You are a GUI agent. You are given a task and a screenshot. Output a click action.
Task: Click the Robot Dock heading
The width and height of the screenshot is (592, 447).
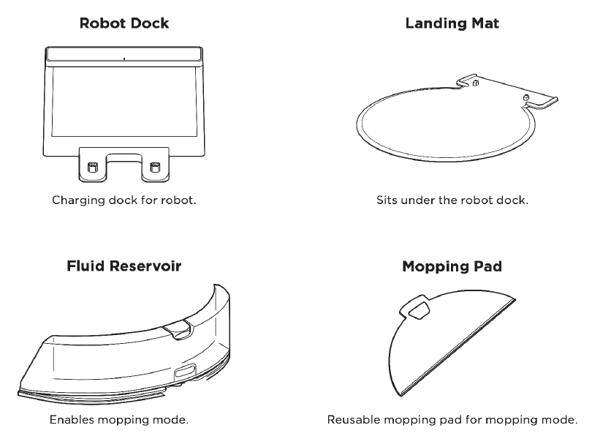pyautogui.click(x=124, y=23)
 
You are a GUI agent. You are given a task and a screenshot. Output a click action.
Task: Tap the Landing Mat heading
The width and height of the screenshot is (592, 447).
pyautogui.click(x=452, y=23)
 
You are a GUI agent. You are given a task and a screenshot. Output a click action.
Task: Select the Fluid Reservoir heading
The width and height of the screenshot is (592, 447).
pyautogui.click(x=124, y=266)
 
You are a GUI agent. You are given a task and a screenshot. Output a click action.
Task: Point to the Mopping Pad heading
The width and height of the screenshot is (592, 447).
pyautogui.click(x=452, y=266)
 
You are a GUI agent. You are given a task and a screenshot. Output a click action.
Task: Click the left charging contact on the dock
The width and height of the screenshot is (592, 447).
pyautogui.click(x=93, y=167)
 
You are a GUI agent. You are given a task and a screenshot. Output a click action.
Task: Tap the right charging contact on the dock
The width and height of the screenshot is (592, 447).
pyautogui.click(x=155, y=167)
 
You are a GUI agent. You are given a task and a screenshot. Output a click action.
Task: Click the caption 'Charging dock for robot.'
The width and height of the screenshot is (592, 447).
pyautogui.click(x=124, y=200)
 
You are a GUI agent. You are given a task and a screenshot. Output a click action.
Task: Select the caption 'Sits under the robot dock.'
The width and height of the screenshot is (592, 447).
pyautogui.click(x=452, y=200)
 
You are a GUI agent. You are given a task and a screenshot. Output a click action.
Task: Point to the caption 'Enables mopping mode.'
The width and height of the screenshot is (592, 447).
pyautogui.click(x=119, y=420)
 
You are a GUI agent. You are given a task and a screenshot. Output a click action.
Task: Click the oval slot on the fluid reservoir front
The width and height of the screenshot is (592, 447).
pyautogui.click(x=185, y=372)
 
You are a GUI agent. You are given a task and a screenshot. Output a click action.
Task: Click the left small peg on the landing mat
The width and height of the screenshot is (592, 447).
pyautogui.click(x=476, y=83)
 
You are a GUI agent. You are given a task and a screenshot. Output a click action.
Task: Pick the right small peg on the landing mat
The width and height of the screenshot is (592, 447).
pyautogui.click(x=525, y=98)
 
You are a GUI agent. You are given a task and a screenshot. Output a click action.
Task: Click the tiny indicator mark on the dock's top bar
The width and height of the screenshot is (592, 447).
pyautogui.click(x=124, y=59)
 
